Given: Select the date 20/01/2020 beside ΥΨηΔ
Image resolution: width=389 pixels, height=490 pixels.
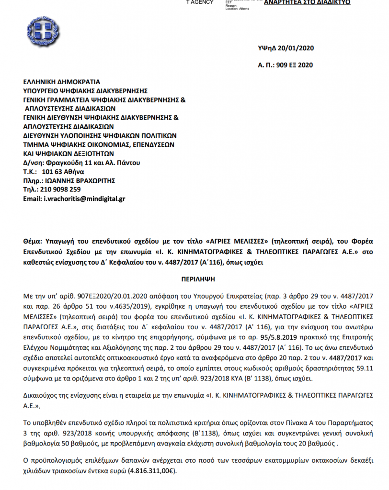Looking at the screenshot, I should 297,48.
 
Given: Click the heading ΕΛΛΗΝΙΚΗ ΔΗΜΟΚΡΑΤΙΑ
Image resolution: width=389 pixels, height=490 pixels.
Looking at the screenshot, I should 62,82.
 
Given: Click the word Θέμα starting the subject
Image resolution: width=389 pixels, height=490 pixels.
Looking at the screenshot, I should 33,242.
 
